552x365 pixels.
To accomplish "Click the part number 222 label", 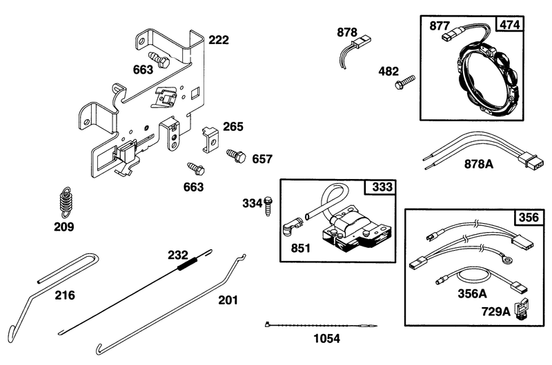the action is [219, 40].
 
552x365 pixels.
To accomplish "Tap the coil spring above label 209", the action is [65, 202].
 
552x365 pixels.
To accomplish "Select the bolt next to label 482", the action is [405, 82].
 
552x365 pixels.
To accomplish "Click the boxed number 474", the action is [509, 25].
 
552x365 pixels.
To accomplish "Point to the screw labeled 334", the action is [268, 206].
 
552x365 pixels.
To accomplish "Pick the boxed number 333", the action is [382, 187].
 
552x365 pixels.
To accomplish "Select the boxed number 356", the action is [529, 218].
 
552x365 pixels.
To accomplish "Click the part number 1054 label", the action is [326, 339].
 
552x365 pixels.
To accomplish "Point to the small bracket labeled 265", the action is [210, 140].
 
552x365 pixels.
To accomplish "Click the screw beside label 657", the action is [236, 156].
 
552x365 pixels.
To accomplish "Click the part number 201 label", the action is [228, 300].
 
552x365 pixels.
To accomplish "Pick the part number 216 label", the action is [65, 295].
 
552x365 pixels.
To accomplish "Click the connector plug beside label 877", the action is [449, 36].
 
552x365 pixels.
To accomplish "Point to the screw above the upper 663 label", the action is [159, 60].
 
